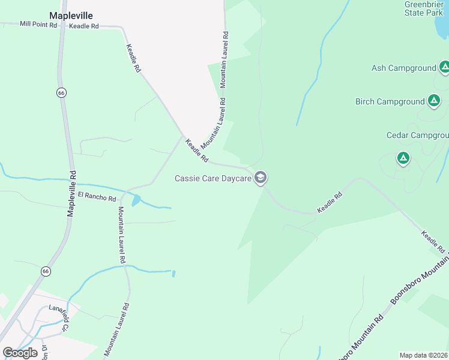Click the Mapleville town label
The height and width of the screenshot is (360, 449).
pos(71,16)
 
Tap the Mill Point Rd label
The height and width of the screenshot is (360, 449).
pos(38,25)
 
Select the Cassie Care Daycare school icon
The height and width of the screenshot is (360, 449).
pos(261,178)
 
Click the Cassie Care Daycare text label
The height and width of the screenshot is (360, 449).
pos(212,178)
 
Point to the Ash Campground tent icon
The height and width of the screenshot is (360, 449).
pos(444,67)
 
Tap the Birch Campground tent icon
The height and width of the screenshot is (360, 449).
pos(434,101)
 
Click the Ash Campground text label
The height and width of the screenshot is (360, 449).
pos(403,68)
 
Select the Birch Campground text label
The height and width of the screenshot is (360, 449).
pos(390,101)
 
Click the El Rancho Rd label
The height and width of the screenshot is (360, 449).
pos(97,196)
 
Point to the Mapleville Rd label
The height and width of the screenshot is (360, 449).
pos(72,193)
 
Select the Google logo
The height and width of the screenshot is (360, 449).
pos(20,352)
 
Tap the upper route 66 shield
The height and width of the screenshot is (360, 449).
pos(61,92)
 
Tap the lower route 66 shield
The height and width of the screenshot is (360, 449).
pos(46,271)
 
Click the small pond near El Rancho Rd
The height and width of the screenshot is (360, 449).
pos(136,200)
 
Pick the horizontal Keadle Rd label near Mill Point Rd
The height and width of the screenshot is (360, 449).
pos(83,26)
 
